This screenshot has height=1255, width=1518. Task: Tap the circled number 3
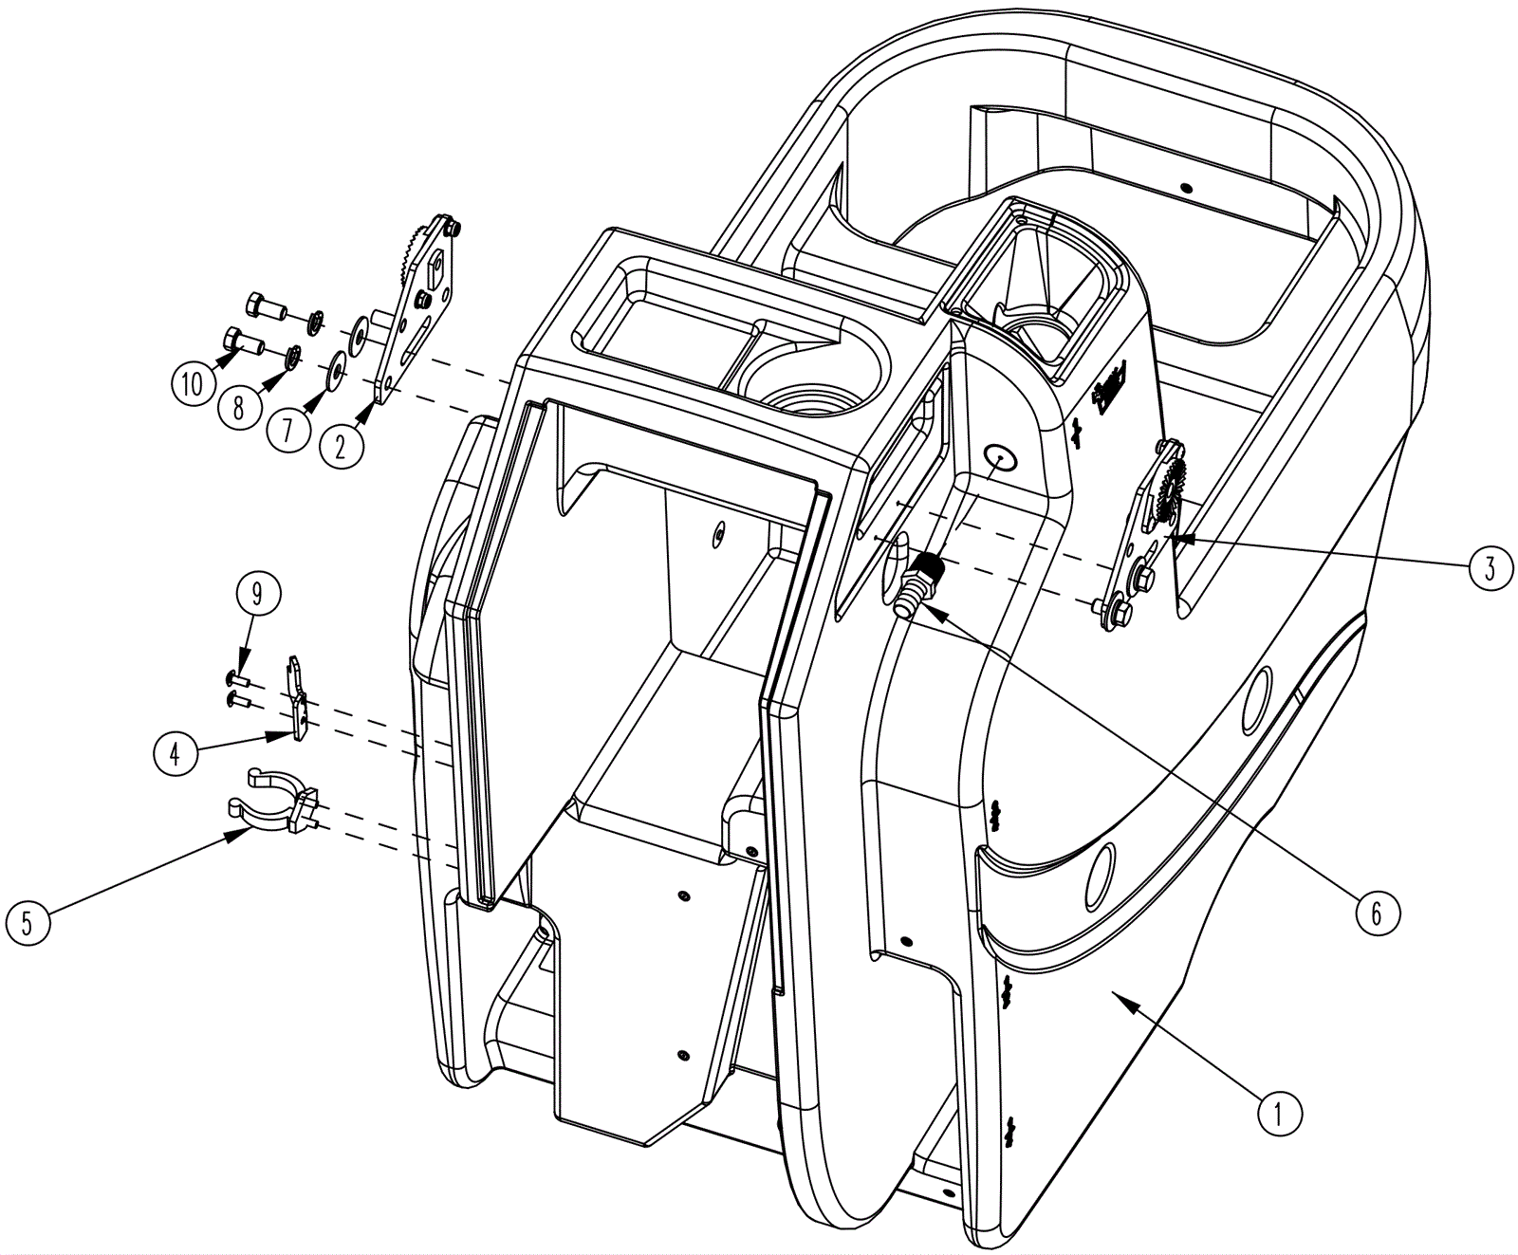1490,567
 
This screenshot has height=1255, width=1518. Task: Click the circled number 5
28,922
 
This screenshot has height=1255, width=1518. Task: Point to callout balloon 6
1377,912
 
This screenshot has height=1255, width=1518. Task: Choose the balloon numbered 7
288,428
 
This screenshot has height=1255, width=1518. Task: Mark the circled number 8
238,407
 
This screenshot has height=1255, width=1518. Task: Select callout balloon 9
256,595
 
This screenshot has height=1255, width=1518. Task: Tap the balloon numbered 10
193,384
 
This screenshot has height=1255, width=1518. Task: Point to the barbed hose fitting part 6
916,584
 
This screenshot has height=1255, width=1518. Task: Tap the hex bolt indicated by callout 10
240,340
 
